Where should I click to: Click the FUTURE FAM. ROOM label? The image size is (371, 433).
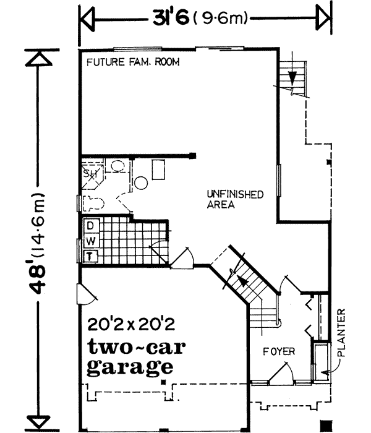[x=128, y=62]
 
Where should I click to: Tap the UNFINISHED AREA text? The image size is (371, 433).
[x=235, y=199]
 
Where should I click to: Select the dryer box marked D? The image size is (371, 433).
[x=90, y=225]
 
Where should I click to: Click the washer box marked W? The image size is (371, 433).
[x=90, y=239]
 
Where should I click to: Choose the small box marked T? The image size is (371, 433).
[x=90, y=254]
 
